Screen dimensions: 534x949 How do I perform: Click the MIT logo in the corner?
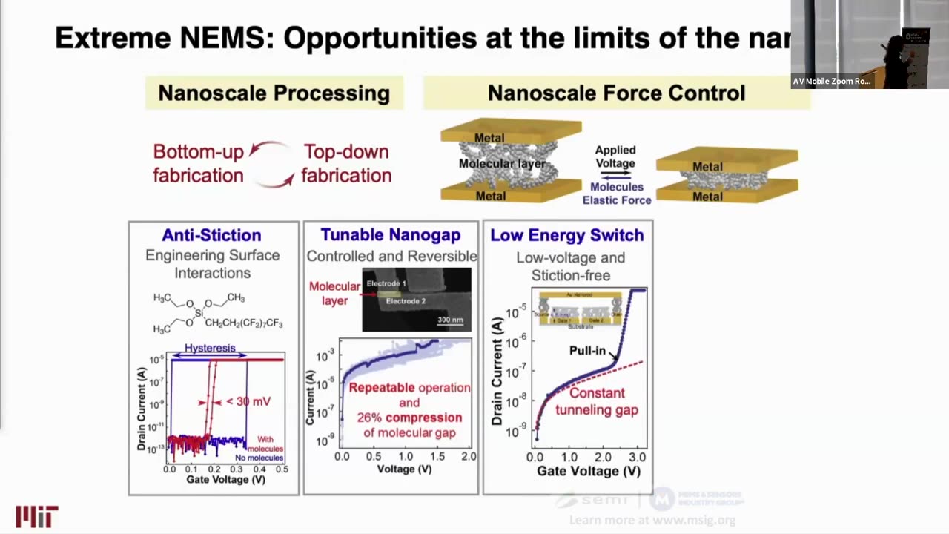[36, 516]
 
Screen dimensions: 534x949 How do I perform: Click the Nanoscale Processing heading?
[274, 93]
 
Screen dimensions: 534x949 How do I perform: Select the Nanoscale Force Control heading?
[616, 93]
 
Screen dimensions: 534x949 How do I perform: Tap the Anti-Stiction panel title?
[211, 235]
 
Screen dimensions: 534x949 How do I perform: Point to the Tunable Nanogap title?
[391, 235]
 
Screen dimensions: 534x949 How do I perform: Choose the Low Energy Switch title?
[567, 235]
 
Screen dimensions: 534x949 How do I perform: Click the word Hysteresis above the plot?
[210, 348]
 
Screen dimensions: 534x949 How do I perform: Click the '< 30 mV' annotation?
[247, 401]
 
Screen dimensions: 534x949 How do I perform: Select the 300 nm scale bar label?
[450, 320]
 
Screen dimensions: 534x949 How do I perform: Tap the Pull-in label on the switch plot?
[587, 351]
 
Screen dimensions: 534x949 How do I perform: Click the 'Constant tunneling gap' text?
[596, 401]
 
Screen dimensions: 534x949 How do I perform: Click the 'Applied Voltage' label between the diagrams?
[615, 156]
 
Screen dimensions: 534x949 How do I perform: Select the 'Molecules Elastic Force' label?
[616, 194]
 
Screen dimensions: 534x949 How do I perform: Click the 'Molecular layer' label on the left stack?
[502, 163]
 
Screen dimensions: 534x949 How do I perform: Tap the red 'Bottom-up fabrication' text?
[198, 163]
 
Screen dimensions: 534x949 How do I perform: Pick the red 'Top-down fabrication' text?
[346, 163]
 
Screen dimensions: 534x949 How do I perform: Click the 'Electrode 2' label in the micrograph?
[406, 301]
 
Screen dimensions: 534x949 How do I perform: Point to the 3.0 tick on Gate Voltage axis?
[637, 457]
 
